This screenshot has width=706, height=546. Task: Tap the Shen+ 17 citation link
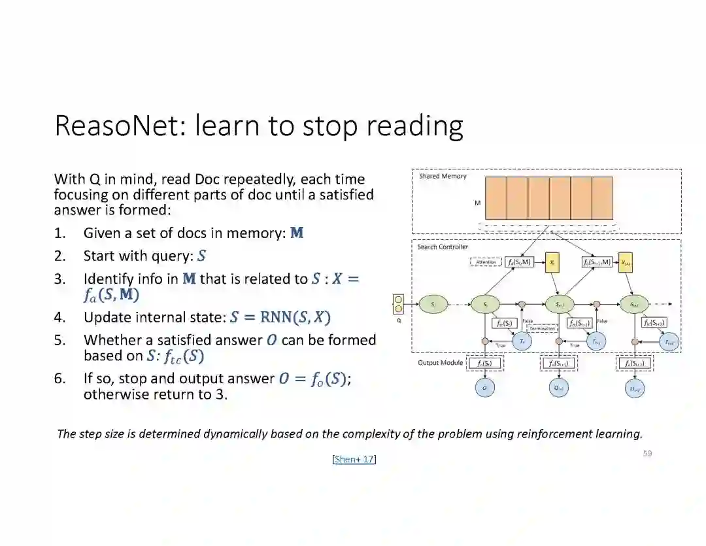354,459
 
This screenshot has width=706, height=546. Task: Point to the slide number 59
647,453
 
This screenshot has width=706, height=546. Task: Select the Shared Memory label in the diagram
443,177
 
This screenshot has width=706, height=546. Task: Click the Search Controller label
443,247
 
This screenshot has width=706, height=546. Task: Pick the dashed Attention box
486,262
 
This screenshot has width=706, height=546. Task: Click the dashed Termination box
542,328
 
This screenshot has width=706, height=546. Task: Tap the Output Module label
440,362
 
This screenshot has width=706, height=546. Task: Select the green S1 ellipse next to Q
433,303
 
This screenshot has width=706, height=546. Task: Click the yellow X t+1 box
625,262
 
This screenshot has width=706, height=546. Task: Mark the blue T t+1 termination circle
597,341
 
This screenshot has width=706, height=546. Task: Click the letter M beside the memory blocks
477,203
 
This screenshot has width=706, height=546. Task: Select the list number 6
59,379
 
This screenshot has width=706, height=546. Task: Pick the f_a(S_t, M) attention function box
519,262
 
